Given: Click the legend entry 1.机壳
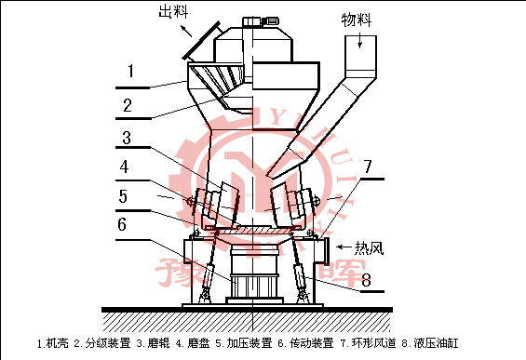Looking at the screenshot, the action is tap(54, 343).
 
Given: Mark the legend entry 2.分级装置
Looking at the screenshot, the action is tap(102, 343).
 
